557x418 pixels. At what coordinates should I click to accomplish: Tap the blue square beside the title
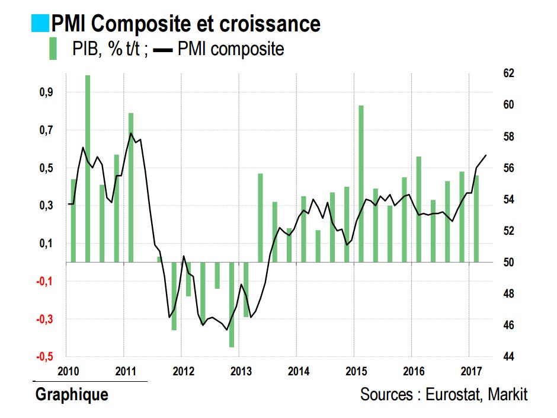40,23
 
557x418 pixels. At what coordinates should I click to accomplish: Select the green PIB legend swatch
53,48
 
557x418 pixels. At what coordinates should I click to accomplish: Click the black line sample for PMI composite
163,50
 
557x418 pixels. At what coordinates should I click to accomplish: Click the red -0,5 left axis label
46,357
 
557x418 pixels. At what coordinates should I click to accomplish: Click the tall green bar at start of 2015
360,183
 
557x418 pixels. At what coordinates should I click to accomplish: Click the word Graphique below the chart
72,394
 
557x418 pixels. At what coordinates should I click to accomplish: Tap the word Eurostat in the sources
454,394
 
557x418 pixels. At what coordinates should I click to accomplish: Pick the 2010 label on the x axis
69,372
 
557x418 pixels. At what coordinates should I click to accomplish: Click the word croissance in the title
265,24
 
